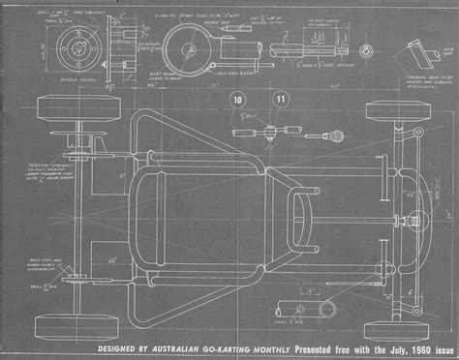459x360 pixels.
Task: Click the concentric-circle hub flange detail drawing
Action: click(x=74, y=45)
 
